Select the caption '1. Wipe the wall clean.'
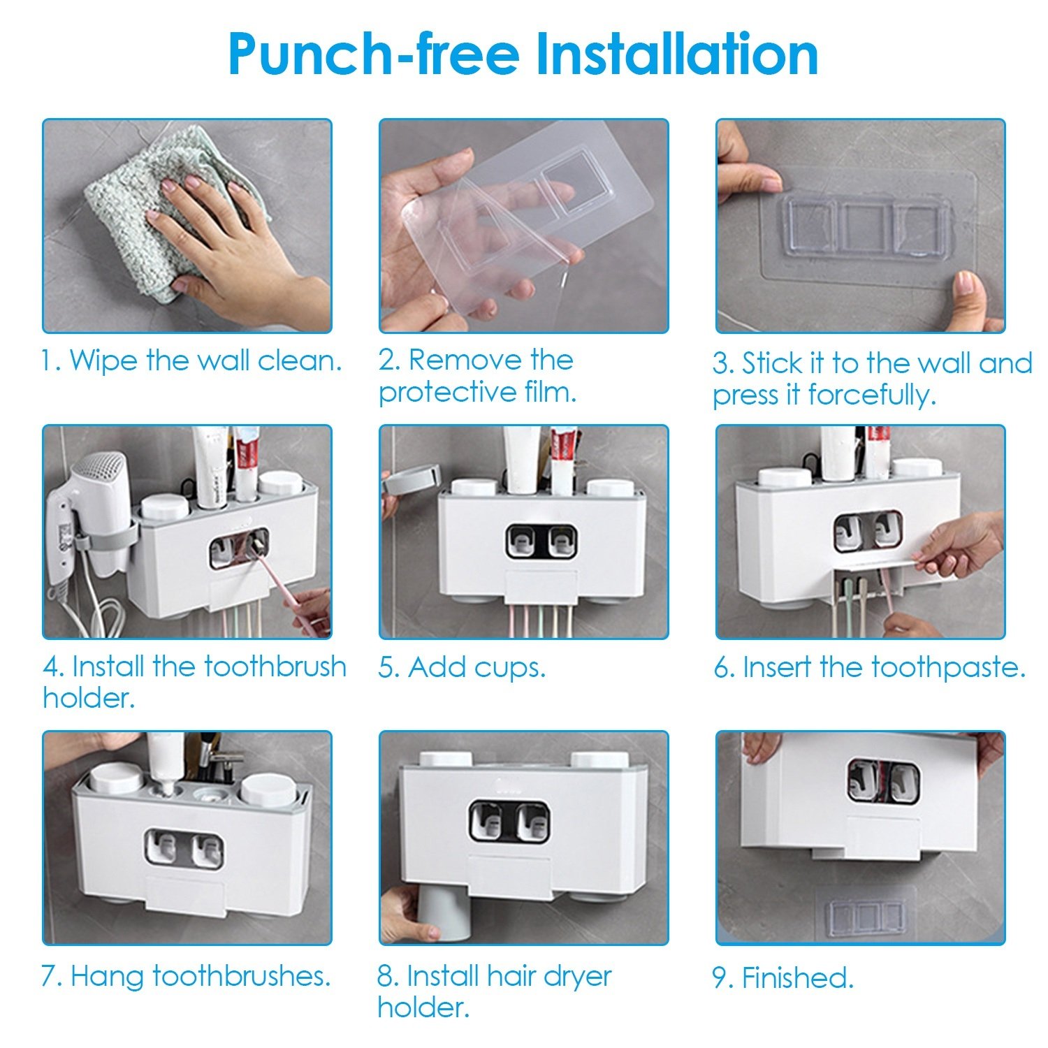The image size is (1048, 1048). click(191, 361)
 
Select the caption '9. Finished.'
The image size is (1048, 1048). click(783, 978)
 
